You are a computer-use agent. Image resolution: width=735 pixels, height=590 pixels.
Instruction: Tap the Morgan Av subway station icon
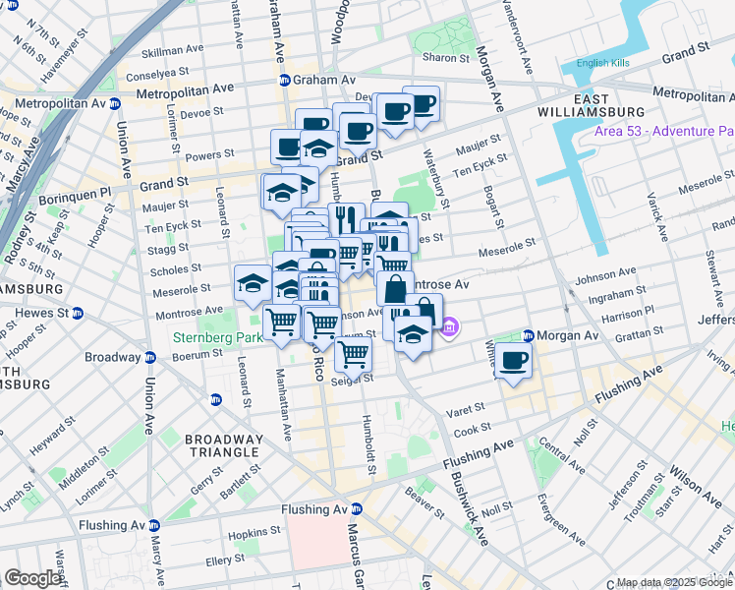tap(528, 335)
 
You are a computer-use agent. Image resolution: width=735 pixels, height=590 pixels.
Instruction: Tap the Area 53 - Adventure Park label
tap(663, 131)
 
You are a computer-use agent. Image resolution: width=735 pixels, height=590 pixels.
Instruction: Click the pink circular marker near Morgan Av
tap(449, 327)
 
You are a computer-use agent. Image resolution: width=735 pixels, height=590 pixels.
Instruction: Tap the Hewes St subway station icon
tap(78, 314)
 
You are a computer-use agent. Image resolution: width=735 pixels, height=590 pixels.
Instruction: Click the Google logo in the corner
tap(32, 578)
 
